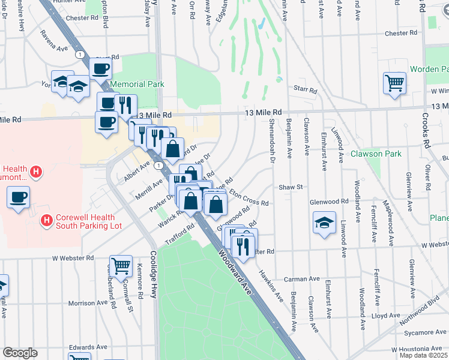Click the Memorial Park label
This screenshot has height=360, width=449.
point(137,85)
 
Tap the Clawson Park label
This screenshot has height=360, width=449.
point(376,154)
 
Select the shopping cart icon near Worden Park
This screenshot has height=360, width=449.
point(394,83)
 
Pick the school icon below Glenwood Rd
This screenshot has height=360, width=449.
point(324,223)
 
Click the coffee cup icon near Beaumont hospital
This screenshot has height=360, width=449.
point(18,197)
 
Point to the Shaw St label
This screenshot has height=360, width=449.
point(291,187)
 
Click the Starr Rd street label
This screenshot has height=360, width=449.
point(306,90)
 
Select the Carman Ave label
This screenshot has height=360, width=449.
point(302,279)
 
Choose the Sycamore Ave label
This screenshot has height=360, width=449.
point(419,332)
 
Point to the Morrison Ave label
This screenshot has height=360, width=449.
point(87,303)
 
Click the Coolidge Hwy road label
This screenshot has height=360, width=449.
point(154,277)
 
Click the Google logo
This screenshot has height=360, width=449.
point(20,352)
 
